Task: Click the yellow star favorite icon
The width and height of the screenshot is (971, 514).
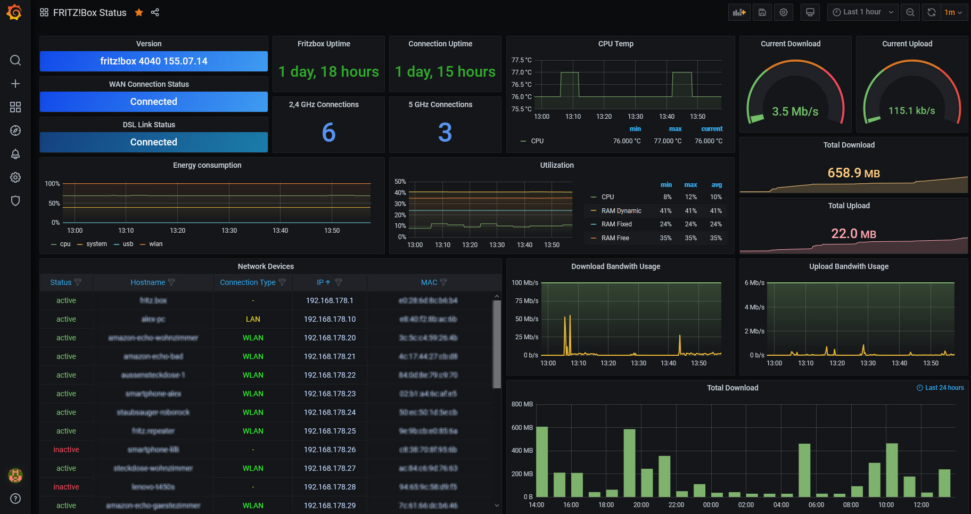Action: click(139, 12)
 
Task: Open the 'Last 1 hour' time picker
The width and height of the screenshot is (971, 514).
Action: click(862, 12)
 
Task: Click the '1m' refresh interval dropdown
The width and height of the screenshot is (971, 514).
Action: click(953, 12)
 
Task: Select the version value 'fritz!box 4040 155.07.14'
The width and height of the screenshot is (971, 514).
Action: click(154, 61)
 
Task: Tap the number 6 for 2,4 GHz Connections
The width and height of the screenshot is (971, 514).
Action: click(328, 132)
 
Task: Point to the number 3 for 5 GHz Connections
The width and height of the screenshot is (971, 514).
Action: click(445, 132)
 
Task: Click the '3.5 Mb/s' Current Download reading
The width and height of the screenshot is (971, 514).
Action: click(795, 111)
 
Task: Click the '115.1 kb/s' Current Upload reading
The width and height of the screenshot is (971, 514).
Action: click(911, 111)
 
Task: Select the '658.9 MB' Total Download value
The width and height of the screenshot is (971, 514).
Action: click(853, 173)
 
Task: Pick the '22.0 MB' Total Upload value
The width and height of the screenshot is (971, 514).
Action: click(853, 234)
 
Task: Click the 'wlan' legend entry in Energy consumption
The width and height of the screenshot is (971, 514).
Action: click(155, 244)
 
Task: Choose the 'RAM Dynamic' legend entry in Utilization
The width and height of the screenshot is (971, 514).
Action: click(621, 211)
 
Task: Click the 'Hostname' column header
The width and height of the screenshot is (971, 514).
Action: click(147, 282)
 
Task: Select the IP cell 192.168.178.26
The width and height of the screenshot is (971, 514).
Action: click(330, 450)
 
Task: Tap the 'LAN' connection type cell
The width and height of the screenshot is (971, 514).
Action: click(253, 319)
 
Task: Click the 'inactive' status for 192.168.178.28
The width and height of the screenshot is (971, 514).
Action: click(66, 487)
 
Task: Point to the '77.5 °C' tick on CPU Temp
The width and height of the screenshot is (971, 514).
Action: click(521, 60)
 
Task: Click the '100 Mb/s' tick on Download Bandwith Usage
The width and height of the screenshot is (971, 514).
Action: click(524, 283)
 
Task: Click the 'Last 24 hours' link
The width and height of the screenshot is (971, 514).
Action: click(944, 388)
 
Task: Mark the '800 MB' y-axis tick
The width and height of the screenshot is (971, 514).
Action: click(522, 404)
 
